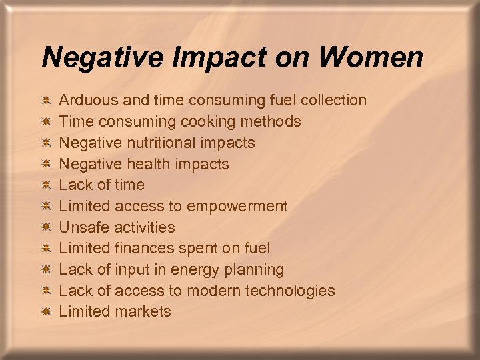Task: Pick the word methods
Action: [x=274, y=121]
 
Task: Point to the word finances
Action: [x=143, y=248]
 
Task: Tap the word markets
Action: [x=143, y=311]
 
